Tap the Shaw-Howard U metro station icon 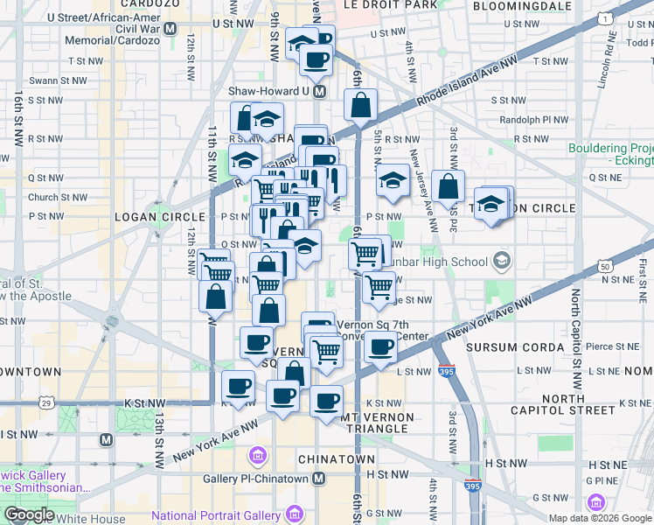(320, 91)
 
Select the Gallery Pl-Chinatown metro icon (319, 478)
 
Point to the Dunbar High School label (448, 261)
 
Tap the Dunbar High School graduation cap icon (502, 261)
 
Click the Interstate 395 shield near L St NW (446, 371)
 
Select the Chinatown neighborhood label (337, 458)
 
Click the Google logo (29, 514)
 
